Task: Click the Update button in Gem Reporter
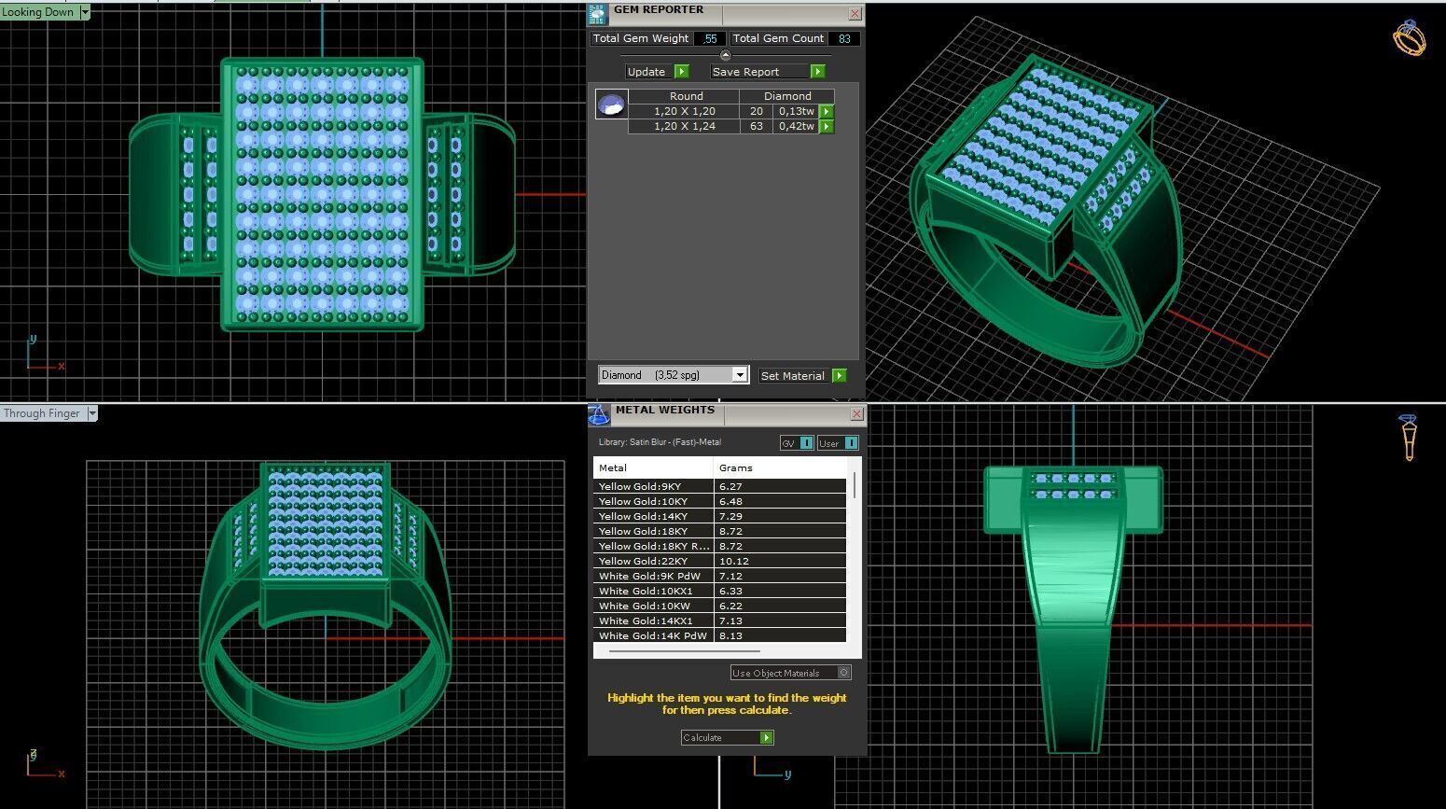tap(656, 72)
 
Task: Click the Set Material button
tap(802, 375)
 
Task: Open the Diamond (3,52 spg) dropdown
tap(739, 375)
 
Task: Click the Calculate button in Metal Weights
tap(727, 737)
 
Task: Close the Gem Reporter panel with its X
tap(855, 13)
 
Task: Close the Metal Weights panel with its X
tap(856, 413)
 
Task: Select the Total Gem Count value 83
tap(843, 38)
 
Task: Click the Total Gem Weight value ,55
tap(711, 38)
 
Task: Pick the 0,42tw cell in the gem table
tap(796, 126)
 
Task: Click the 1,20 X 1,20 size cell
tap(684, 111)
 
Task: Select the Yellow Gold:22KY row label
tap(644, 561)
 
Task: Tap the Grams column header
tap(735, 467)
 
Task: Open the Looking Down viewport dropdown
tap(85, 12)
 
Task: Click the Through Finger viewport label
tap(42, 413)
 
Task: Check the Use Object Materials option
tap(843, 673)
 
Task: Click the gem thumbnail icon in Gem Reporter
tap(612, 104)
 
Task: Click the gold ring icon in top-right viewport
tap(1409, 38)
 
